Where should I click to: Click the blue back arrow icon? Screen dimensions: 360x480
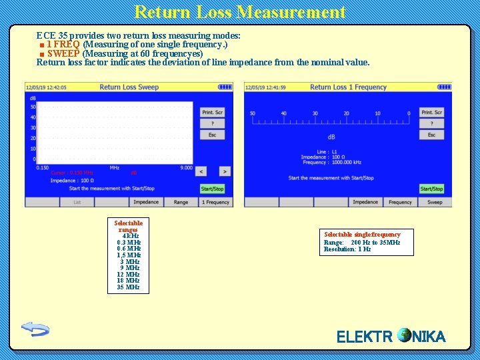[35, 329]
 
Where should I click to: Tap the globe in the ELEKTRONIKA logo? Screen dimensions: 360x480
[404, 335]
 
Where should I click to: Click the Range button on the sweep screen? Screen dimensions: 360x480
[181, 202]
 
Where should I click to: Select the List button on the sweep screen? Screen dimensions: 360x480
[77, 202]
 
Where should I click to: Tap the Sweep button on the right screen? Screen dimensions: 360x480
[435, 202]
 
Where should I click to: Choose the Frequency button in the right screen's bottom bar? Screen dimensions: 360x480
[400, 202]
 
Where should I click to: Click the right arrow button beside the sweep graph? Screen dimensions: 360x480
[225, 171]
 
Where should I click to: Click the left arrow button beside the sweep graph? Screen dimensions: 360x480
[203, 171]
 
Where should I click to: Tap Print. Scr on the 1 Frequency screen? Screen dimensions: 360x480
[431, 112]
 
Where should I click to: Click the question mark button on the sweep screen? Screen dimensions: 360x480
[212, 123]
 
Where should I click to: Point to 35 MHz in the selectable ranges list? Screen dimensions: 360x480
[128, 287]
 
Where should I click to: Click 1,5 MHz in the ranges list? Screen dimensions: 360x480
[129, 255]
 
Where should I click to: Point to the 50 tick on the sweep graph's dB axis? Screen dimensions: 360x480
[33, 107]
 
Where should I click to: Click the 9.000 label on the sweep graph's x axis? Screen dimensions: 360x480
[186, 167]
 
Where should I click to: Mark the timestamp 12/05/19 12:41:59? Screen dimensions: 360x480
[265, 87]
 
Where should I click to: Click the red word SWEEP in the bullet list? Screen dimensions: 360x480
[63, 53]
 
